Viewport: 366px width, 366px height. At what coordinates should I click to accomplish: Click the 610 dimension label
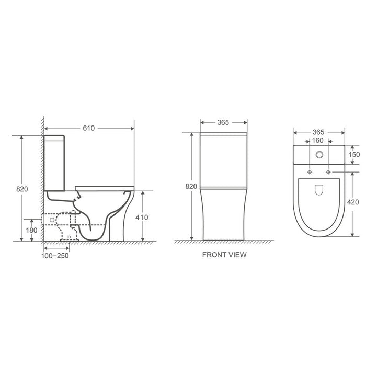click(x=89, y=128)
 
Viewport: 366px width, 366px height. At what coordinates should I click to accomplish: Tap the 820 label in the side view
click(x=22, y=189)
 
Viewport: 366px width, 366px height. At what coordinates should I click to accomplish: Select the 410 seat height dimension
click(x=142, y=218)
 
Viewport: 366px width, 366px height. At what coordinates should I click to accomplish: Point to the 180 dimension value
click(x=31, y=230)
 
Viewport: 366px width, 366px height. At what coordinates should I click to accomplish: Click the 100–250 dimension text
click(x=55, y=256)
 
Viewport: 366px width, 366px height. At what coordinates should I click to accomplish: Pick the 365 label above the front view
click(x=223, y=122)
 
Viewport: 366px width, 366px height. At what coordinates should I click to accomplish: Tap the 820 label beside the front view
click(x=191, y=186)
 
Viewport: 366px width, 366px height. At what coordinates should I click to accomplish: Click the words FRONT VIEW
click(x=224, y=255)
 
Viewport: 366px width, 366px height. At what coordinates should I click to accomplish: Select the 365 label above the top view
click(x=318, y=132)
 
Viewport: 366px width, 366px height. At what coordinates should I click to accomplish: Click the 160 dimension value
click(x=318, y=140)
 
